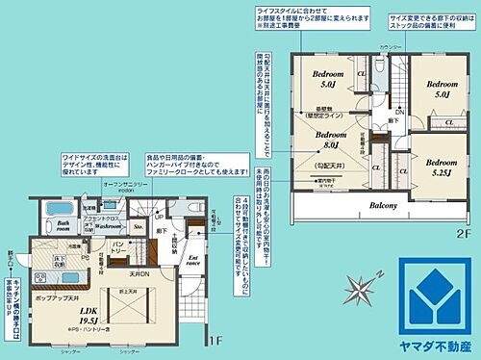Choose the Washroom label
107,224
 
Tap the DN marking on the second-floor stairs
399,111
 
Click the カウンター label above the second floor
389,47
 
